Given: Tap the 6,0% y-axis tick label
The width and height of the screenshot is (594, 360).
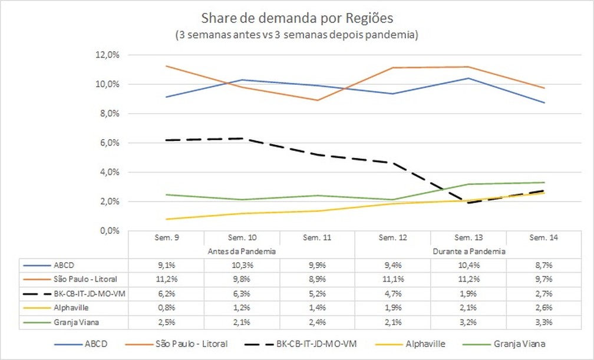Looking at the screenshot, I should coord(108,143).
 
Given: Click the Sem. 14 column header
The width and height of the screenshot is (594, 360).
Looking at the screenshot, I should coord(543,237).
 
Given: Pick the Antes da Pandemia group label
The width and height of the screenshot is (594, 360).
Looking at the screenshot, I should coord(242,250).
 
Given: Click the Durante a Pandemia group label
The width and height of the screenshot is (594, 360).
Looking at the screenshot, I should coord(468,250).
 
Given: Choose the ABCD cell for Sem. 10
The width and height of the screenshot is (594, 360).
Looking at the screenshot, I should coord(242,264).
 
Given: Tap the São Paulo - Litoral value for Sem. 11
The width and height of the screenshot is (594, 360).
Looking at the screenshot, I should coord(317,277).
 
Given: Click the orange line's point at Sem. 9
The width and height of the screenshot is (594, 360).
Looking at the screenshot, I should coord(166,66).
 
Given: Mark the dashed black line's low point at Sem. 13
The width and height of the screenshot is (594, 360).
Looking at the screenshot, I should coord(468,203).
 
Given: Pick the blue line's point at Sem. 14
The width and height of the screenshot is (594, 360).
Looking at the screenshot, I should coord(543,103).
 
